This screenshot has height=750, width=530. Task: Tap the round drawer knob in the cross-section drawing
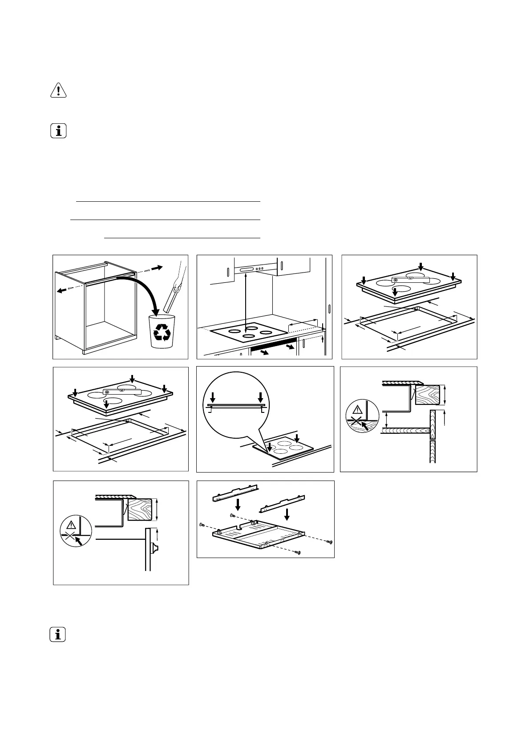(155, 548)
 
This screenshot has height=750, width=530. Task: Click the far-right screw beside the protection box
(329, 542)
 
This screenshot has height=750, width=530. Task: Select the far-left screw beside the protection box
(202, 526)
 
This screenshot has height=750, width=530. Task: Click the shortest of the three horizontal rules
(182, 238)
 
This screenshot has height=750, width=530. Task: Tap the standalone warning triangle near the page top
(58, 90)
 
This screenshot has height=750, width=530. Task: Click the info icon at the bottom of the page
(58, 634)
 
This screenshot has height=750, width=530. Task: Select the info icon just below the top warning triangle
(58, 131)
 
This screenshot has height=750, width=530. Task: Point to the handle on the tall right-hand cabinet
(329, 310)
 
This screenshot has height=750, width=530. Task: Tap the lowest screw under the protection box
(298, 553)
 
